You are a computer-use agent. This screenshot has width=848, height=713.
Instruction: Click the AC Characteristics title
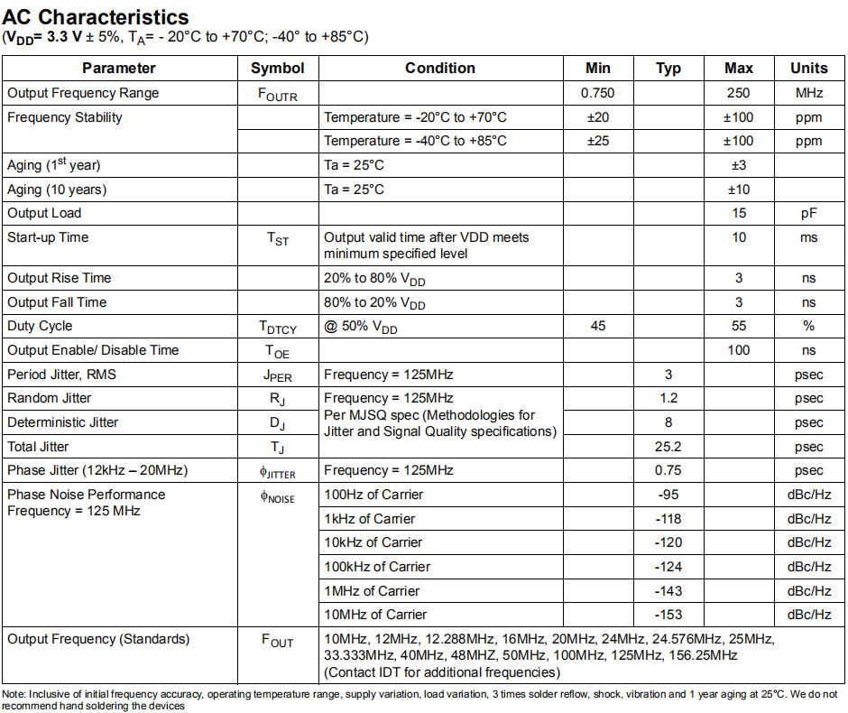(97, 17)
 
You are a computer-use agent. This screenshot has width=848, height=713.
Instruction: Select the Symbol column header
(278, 69)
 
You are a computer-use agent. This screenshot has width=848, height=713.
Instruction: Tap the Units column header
(808, 69)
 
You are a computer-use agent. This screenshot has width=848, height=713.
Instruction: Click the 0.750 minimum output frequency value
(597, 93)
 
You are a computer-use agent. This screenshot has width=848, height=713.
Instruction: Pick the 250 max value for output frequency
(738, 93)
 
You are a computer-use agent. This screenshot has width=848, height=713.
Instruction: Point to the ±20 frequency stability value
(597, 117)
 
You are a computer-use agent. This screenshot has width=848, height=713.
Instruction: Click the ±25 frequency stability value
(597, 141)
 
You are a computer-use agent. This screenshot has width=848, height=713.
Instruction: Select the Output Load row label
(44, 213)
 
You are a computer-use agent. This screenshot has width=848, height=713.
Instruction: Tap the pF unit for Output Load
(808, 213)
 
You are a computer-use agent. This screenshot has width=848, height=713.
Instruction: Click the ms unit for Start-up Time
(808, 237)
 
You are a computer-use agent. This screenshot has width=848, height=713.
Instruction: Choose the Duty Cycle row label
(40, 326)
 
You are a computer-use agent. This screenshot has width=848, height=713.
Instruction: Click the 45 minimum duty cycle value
(597, 326)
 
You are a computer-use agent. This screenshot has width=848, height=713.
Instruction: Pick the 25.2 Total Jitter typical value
(668, 447)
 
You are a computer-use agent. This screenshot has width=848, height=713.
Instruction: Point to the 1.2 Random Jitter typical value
(668, 398)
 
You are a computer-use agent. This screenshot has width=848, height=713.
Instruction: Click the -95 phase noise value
(668, 495)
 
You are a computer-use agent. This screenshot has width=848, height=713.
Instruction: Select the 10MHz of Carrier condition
(375, 615)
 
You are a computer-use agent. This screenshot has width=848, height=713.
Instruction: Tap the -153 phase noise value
(668, 615)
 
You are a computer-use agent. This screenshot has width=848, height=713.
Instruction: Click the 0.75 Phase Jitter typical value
(668, 470)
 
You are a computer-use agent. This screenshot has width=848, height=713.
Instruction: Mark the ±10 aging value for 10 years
(738, 190)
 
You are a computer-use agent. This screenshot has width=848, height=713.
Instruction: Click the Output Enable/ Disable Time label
(93, 350)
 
